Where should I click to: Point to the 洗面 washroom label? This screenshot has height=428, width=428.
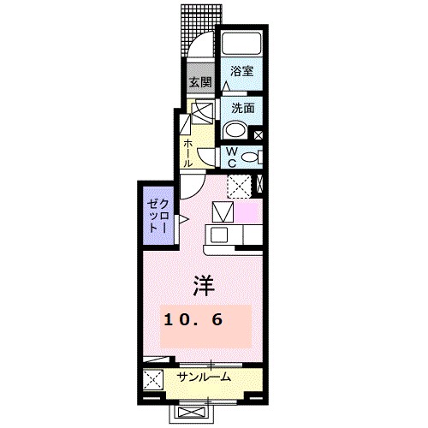[241, 109]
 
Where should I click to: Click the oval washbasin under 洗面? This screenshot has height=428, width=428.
[234, 130]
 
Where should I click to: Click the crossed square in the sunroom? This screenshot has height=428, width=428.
[153, 379]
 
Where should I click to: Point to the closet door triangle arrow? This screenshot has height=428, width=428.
[181, 220]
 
